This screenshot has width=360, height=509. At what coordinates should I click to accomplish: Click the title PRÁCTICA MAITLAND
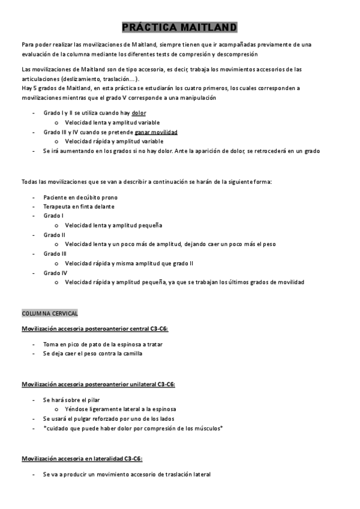[x=179, y=28]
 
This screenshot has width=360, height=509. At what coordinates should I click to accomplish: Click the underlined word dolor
[x=139, y=112]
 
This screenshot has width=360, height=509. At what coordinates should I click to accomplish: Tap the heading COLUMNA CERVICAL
[x=50, y=314]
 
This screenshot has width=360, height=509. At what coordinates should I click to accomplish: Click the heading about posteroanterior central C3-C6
[x=95, y=329]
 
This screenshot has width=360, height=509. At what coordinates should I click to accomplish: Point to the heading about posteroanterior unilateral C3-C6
[x=98, y=384]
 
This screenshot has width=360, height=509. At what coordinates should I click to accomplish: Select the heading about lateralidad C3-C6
[x=82, y=459]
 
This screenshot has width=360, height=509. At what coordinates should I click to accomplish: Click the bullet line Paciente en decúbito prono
[x=80, y=197]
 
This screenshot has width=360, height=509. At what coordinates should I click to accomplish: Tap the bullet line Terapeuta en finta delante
[x=79, y=206]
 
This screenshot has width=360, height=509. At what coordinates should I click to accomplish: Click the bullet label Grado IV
[x=55, y=273]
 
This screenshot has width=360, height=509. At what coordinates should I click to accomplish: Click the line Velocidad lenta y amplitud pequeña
[x=113, y=225]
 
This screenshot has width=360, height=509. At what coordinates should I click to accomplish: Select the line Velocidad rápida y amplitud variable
[x=114, y=141]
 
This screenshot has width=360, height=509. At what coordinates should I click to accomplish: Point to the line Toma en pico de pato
[x=103, y=344]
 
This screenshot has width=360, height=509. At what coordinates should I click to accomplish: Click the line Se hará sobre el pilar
[x=71, y=399]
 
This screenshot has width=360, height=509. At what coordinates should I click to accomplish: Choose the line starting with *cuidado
[x=133, y=427]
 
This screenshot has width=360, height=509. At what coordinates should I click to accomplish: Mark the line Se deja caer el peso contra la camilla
[x=92, y=354]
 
